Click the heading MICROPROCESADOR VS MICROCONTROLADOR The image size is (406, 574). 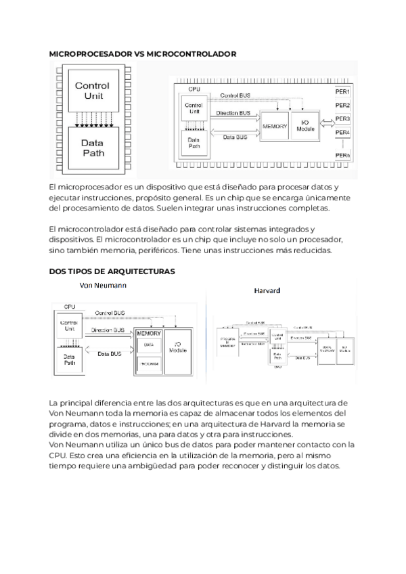(x=143, y=52)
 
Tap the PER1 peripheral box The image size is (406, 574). (x=342, y=91)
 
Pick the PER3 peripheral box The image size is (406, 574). (x=342, y=119)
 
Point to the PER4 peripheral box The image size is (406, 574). (x=342, y=133)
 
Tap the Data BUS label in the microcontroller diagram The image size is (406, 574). (x=235, y=136)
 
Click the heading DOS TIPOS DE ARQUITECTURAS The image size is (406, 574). (x=112, y=271)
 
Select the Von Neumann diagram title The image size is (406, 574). (x=104, y=285)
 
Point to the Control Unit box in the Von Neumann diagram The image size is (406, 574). (x=69, y=326)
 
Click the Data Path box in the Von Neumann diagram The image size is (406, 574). (x=69, y=359)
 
